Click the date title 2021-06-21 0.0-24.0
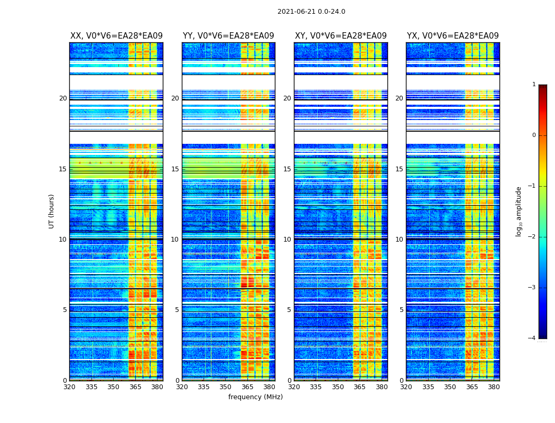[x=311, y=12]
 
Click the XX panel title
[x=116, y=36]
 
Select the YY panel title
[x=228, y=36]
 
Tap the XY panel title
[x=340, y=36]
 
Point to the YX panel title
[x=452, y=36]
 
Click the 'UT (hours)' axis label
[x=52, y=211]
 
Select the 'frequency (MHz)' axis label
[x=255, y=397]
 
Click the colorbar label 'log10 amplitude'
[x=519, y=211]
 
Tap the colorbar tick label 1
[x=534, y=85]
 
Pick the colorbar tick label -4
[x=532, y=338]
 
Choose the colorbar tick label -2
[x=532, y=237]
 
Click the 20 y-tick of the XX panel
[x=63, y=98]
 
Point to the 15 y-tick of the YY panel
[x=177, y=169]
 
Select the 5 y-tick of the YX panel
[x=401, y=310]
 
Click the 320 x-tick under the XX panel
[x=70, y=387]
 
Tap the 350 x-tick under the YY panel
[x=226, y=387]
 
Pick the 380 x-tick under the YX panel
[x=494, y=387]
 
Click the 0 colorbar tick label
[x=534, y=135]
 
